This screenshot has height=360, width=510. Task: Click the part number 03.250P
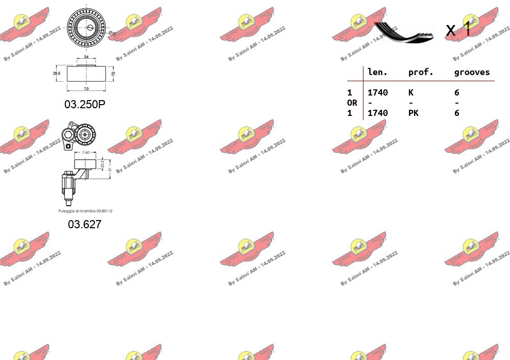(x=85, y=104)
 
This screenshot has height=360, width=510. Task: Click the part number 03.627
(x=85, y=224)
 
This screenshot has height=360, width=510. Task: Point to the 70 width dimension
(x=86, y=89)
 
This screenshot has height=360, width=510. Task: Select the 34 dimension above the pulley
(x=86, y=57)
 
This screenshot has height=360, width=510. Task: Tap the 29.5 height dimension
(x=57, y=74)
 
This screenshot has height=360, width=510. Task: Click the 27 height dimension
(x=113, y=74)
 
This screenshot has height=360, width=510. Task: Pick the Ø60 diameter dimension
(x=85, y=152)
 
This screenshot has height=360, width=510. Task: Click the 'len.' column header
(x=377, y=73)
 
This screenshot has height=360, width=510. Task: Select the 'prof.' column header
(x=421, y=73)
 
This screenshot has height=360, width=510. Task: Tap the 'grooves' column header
(x=472, y=73)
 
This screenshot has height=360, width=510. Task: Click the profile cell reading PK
(x=413, y=113)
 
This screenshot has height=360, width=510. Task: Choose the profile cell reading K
(x=410, y=92)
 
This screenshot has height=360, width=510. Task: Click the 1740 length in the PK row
(x=377, y=113)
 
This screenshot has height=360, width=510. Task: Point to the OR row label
(x=352, y=103)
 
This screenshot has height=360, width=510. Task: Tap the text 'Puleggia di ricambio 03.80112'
(x=85, y=211)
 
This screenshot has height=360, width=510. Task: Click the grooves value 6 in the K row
(x=456, y=92)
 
